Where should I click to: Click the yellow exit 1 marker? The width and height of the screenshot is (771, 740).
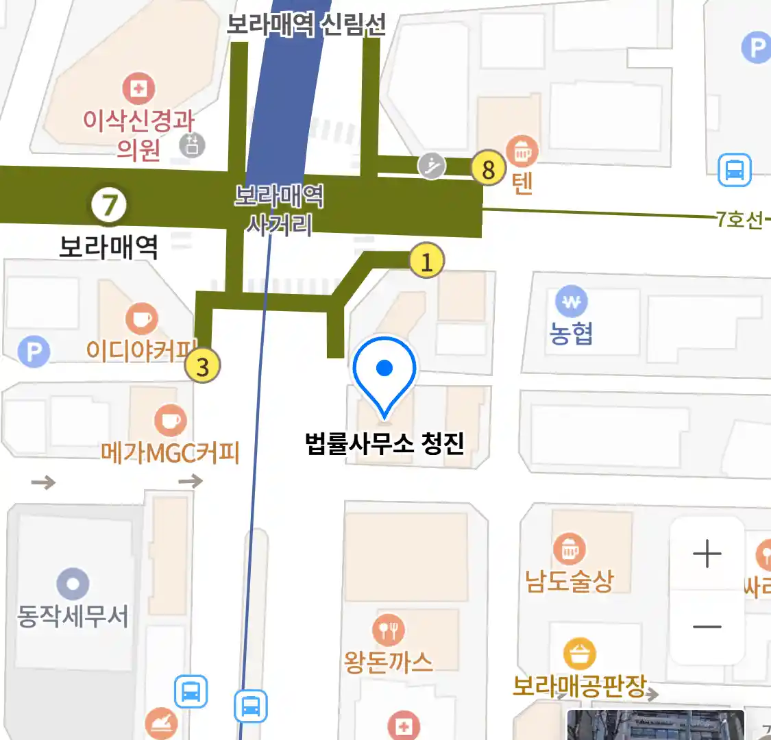[426, 261]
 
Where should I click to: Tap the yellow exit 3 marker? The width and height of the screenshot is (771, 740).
[202, 366]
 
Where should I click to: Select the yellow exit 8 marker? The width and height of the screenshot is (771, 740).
[488, 169]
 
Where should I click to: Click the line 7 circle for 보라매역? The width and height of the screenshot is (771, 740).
[110, 204]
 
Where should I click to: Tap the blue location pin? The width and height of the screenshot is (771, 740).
[384, 373]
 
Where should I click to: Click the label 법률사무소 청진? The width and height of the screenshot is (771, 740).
[384, 443]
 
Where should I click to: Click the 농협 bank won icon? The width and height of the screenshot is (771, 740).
[571, 301]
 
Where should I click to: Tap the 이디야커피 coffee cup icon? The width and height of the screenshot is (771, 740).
[142, 319]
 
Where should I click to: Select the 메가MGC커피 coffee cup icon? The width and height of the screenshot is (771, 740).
[169, 420]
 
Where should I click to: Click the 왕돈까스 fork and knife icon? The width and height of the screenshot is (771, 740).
[388, 629]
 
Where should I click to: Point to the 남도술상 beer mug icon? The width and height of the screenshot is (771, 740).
[569, 549]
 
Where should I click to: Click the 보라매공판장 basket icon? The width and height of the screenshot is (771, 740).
[580, 655]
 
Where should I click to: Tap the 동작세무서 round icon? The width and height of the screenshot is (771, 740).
[73, 584]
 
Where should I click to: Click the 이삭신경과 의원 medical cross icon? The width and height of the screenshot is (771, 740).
[138, 88]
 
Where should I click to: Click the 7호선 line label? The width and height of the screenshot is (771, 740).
[739, 219]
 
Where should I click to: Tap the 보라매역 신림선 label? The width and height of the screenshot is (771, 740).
[306, 25]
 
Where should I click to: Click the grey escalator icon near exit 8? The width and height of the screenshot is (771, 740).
[432, 165]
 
